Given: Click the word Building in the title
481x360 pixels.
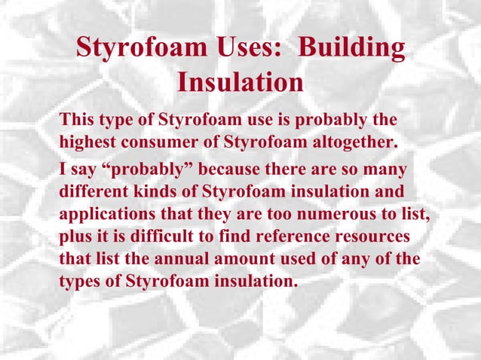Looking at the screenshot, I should [x=352, y=48].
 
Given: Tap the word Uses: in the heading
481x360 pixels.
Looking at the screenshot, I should [x=247, y=48].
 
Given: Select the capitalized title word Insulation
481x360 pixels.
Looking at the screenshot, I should [x=240, y=82].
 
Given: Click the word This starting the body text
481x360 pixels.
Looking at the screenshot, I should [x=79, y=120].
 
